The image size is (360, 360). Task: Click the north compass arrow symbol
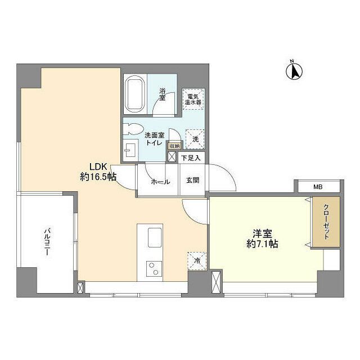tap(293, 71)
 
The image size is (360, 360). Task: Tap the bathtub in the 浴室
tap(135, 93)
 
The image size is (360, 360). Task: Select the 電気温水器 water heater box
tap(195, 100)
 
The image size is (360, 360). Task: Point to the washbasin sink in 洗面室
tap(130, 149)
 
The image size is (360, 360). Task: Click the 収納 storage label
tap(173, 146)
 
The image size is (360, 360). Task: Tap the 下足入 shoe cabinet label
tap(190, 158)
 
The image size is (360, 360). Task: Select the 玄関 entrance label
tap(191, 181)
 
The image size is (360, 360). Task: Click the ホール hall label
tap(160, 182)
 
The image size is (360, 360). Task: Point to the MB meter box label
tap(318, 187)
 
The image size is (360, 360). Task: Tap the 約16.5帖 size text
tap(98, 177)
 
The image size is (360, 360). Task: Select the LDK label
tap(97, 166)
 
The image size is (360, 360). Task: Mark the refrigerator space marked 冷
tap(196, 260)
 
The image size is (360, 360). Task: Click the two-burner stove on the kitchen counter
tap(153, 269)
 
